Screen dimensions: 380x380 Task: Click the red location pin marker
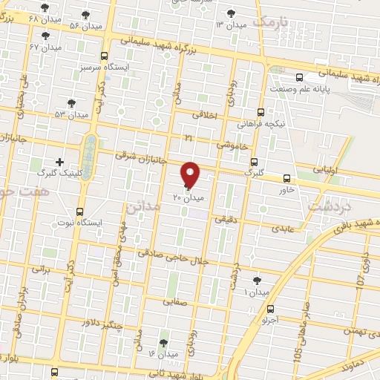pyautogui.click(x=191, y=174)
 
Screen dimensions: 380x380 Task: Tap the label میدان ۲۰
pyautogui.click(x=188, y=198)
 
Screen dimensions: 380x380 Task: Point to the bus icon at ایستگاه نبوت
pyautogui.click(x=80, y=212)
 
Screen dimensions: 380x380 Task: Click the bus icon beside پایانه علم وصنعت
pyautogui.click(x=300, y=78)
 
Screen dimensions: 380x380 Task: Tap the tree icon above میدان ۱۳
pyautogui.click(x=230, y=13)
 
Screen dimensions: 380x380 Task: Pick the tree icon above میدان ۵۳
pyautogui.click(x=71, y=103)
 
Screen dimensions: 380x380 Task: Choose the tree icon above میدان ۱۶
pyautogui.click(x=163, y=343)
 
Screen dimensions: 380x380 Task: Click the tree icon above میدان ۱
pyautogui.click(x=257, y=280)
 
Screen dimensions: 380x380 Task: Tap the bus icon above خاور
pyautogui.click(x=286, y=178)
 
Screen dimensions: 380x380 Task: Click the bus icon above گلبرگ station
pyautogui.click(x=255, y=161)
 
